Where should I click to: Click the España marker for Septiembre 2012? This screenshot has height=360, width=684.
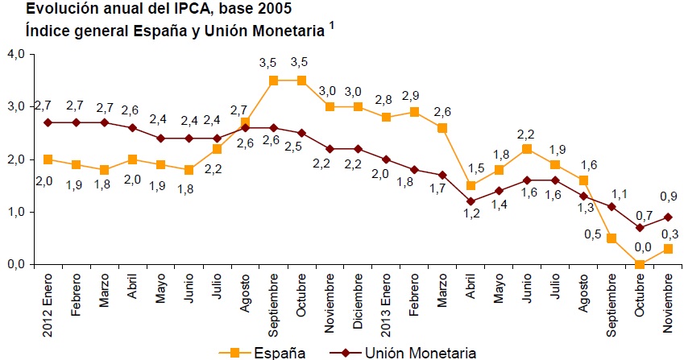[x=274, y=81]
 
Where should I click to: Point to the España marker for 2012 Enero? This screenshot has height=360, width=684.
[x=48, y=159]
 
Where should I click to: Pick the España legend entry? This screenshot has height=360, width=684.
[x=254, y=352]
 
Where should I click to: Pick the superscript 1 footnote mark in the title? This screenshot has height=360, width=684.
[x=332, y=26]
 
